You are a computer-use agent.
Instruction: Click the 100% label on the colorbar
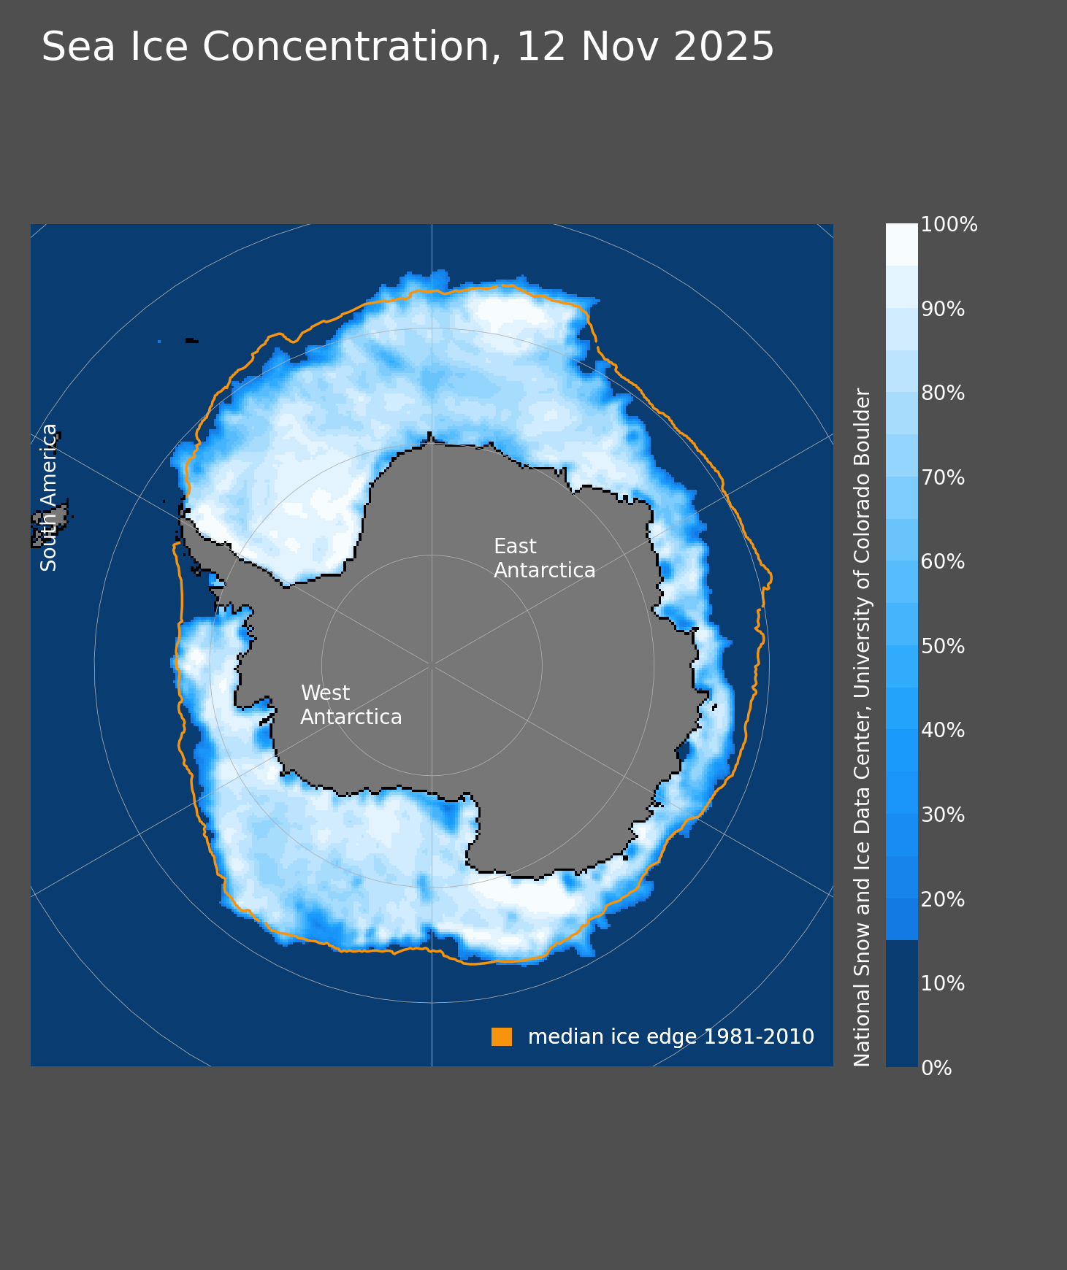(x=949, y=225)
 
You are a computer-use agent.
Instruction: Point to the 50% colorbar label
(x=943, y=647)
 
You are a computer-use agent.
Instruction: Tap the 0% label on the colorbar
(x=937, y=1069)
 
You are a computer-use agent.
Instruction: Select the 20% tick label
(x=943, y=900)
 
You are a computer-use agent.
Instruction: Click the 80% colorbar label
(x=943, y=393)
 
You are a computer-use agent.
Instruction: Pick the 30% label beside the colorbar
(x=943, y=815)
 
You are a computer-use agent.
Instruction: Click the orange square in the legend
(x=502, y=1036)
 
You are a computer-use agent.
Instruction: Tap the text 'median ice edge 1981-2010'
(x=670, y=1036)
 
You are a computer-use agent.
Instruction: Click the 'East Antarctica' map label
(x=544, y=558)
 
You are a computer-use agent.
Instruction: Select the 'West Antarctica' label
(x=351, y=705)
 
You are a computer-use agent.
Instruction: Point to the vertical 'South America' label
(x=49, y=497)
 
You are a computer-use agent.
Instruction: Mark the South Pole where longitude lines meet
(x=432, y=665)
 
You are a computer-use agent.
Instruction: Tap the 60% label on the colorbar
(x=943, y=562)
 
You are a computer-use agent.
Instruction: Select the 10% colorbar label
(x=943, y=984)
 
